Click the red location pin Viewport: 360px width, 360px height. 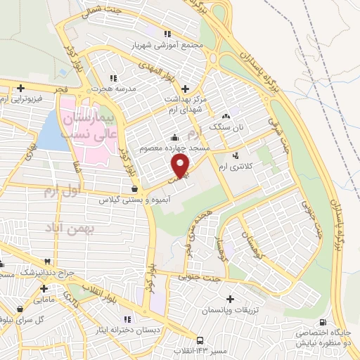tap(181, 165)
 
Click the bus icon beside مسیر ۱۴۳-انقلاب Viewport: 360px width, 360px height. tap(201, 337)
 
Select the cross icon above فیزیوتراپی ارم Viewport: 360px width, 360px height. tap(21, 89)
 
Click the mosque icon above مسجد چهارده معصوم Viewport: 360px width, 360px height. tap(174, 137)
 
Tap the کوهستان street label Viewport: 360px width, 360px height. tap(250, 243)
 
